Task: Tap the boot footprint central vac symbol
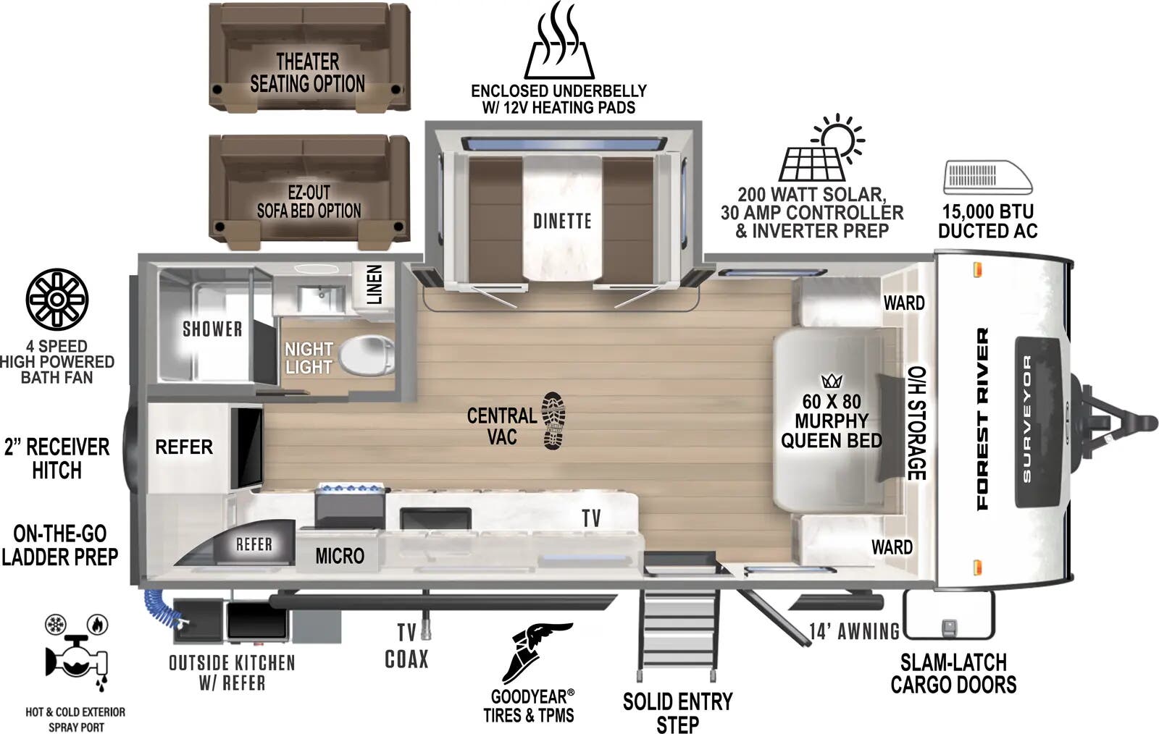(554, 421)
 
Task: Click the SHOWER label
(212, 329)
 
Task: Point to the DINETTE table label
(562, 221)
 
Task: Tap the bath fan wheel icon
(57, 299)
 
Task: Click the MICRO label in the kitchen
(339, 556)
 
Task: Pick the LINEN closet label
(374, 284)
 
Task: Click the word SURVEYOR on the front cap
(1027, 418)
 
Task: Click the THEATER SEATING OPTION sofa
(309, 58)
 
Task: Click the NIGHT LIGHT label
(309, 358)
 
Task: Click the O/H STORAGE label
(916, 423)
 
